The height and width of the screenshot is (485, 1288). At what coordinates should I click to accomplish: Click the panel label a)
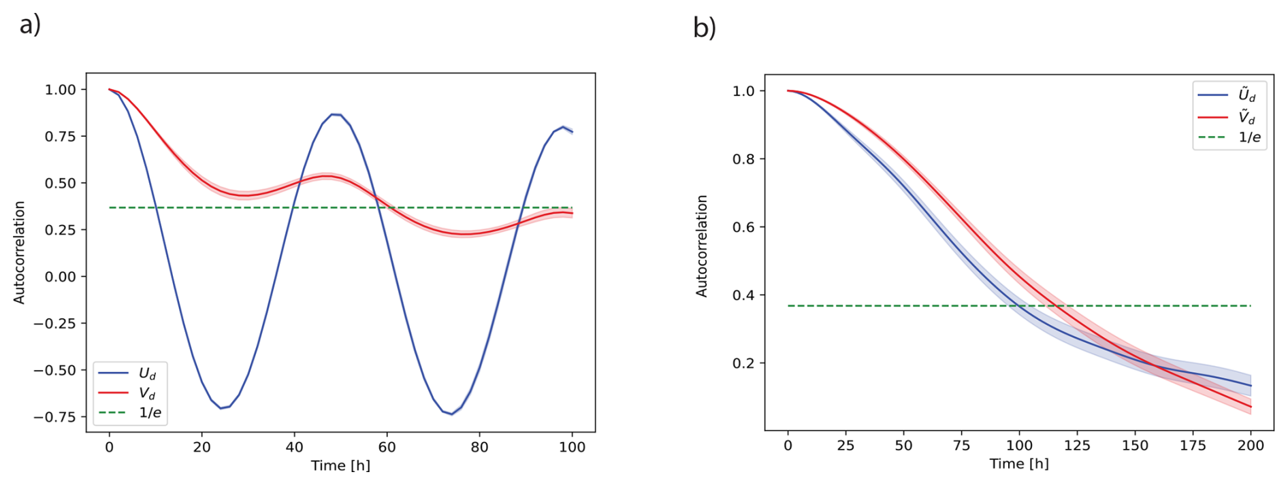tap(30, 24)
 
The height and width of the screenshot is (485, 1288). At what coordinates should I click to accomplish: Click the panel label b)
tap(705, 27)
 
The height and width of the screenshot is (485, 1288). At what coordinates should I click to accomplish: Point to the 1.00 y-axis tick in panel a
tap(65, 90)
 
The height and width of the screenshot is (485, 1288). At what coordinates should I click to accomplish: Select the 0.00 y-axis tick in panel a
tap(65, 277)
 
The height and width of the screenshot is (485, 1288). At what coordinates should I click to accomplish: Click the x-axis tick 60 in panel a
tap(387, 447)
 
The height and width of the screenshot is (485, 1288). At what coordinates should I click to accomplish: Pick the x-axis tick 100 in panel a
tap(572, 447)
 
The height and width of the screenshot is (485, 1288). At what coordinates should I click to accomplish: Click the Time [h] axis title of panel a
tap(340, 466)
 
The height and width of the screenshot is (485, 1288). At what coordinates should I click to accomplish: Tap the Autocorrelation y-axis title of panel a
tap(19, 252)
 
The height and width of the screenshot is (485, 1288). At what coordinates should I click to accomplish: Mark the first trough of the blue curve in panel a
tap(221, 408)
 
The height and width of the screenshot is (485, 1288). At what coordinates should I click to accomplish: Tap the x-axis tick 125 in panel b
tap(1077, 446)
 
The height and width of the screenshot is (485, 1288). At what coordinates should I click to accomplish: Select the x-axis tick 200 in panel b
tap(1251, 446)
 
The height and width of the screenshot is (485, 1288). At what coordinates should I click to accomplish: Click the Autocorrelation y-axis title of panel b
tap(702, 246)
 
